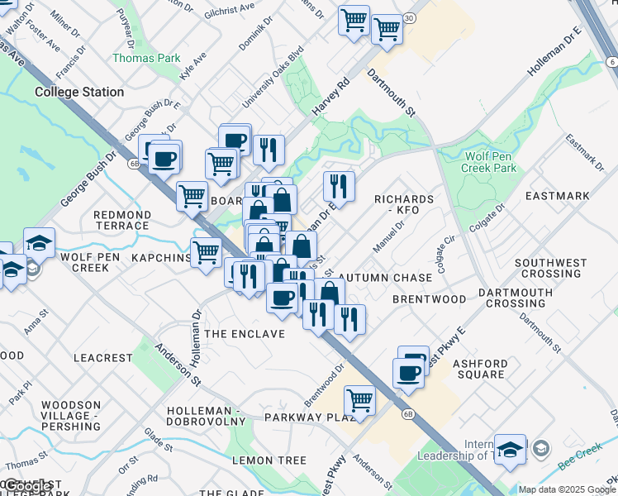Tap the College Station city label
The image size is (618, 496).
[x=79, y=93]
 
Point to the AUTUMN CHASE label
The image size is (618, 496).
[x=385, y=278]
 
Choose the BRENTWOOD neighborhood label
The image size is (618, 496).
[x=429, y=298]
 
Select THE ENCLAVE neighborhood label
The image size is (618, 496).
[x=244, y=334]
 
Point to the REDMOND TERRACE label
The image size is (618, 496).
[x=122, y=220]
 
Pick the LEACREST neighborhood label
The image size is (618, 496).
[x=102, y=358]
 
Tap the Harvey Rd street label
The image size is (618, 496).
[x=331, y=97]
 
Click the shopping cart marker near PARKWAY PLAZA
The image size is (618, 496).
[x=359, y=400]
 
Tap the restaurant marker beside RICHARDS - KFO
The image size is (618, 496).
[x=339, y=185]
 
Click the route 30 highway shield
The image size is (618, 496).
[x=410, y=17]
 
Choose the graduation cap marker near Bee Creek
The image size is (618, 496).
[x=511, y=448]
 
